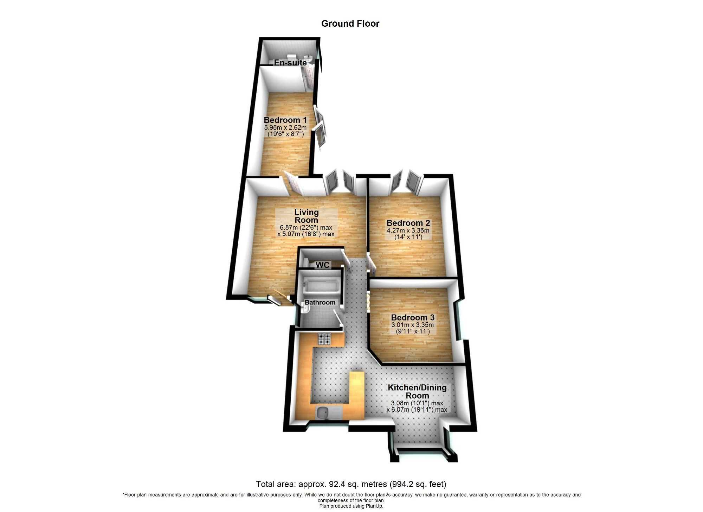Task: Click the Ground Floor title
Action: (350, 24)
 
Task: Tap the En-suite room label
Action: (290, 63)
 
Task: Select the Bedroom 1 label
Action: (285, 120)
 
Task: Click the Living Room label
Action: (307, 216)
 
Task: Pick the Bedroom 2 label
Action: (408, 223)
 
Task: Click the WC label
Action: (322, 265)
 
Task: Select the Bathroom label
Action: (320, 302)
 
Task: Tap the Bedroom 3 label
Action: (413, 317)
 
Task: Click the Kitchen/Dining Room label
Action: (417, 391)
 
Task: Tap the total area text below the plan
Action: (351, 484)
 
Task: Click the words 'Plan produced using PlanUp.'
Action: (351, 506)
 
